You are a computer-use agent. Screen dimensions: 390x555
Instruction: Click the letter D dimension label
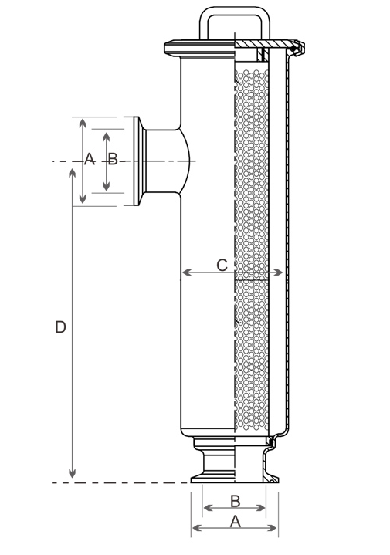[x=60, y=327]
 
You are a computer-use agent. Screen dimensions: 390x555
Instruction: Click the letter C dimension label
[x=222, y=265]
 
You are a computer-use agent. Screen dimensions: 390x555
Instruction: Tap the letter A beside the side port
[x=90, y=158]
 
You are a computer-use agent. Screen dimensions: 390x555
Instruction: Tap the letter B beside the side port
[x=113, y=159]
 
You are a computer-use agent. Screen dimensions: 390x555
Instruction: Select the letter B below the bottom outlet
[x=236, y=501]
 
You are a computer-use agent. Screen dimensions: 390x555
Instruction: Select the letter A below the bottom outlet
[x=236, y=521]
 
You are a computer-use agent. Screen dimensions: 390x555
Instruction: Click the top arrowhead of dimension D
[x=73, y=173]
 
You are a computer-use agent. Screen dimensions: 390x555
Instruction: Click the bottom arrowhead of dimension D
[x=73, y=473]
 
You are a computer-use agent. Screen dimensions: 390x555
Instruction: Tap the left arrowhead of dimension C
[x=186, y=272]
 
